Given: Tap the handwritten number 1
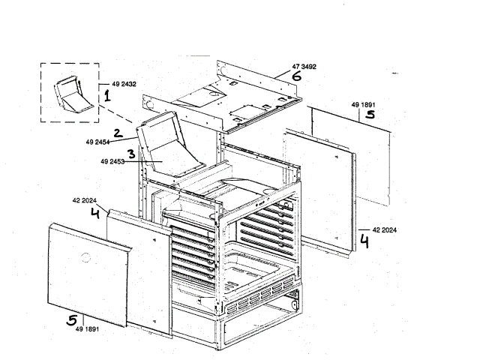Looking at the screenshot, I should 106,96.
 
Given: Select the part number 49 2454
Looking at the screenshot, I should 98,140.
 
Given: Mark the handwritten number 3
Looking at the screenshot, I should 130,154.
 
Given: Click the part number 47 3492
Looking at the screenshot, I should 304,67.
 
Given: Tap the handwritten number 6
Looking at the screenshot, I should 297,76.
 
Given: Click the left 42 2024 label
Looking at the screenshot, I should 85,201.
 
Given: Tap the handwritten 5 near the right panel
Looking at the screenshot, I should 368,116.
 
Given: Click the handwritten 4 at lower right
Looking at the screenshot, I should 364,241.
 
